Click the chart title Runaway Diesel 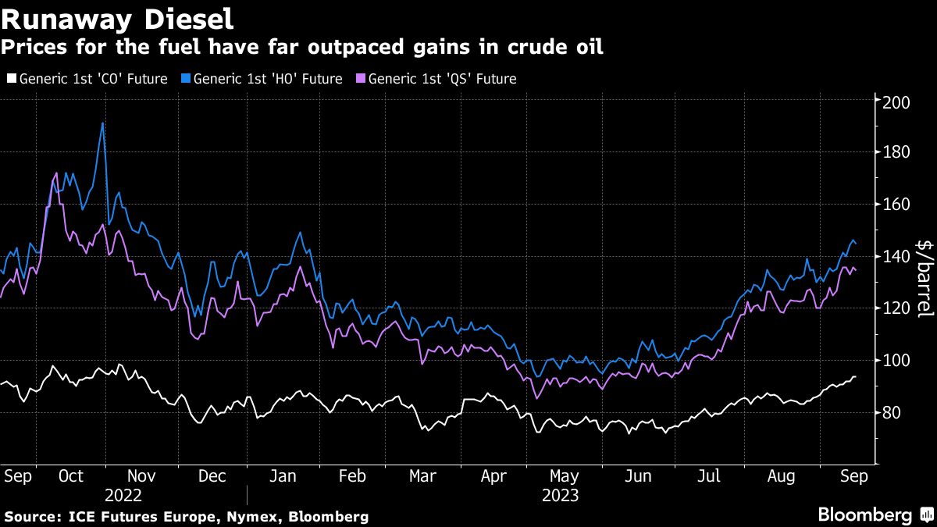click(x=117, y=17)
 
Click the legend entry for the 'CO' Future click(x=87, y=78)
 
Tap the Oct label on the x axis click(x=71, y=475)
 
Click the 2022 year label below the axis click(x=124, y=495)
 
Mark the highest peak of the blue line click(x=102, y=123)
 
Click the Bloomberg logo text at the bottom click(x=864, y=515)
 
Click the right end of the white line click(x=856, y=376)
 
